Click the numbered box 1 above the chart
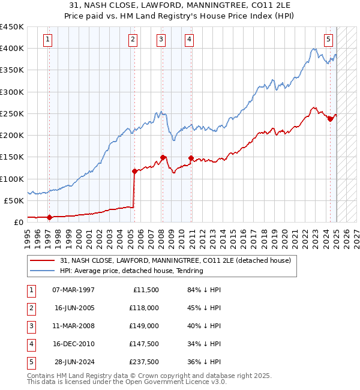tap(47, 40)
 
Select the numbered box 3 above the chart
tap(161, 40)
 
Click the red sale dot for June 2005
tap(134, 171)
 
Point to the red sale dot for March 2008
tap(163, 158)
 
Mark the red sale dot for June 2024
tap(330, 119)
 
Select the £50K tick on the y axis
tap(14, 200)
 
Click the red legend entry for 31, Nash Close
tap(175, 260)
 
